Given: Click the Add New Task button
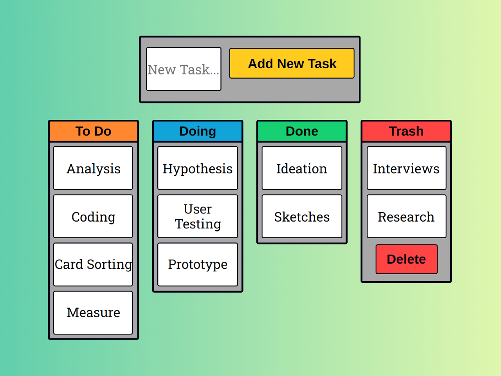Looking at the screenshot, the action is pyautogui.click(x=292, y=63).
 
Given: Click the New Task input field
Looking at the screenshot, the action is pyautogui.click(x=184, y=69).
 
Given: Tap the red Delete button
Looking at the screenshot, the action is pyautogui.click(x=407, y=259).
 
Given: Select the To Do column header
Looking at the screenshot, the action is pyautogui.click(x=94, y=131).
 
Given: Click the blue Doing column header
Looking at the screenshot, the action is pyautogui.click(x=198, y=131).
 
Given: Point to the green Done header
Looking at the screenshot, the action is pyautogui.click(x=302, y=131).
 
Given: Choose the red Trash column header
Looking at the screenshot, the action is pyautogui.click(x=406, y=131).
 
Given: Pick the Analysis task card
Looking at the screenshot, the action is pyautogui.click(x=93, y=168).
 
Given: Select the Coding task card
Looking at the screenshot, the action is pyautogui.click(x=93, y=216).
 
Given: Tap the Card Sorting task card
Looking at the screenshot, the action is pyautogui.click(x=93, y=264).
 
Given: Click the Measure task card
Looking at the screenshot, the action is pyautogui.click(x=93, y=313).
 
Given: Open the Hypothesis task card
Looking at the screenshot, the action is pyautogui.click(x=198, y=168).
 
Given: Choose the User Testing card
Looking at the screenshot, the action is pyautogui.click(x=198, y=216).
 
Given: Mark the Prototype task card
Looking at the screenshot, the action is pyautogui.click(x=198, y=264).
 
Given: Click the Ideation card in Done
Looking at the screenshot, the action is pyautogui.click(x=302, y=168).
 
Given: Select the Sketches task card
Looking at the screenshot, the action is pyautogui.click(x=302, y=216).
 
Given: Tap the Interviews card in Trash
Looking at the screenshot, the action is pyautogui.click(x=407, y=168).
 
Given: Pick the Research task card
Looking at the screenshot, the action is pyautogui.click(x=407, y=216).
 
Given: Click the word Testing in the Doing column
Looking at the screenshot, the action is pyautogui.click(x=198, y=224).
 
